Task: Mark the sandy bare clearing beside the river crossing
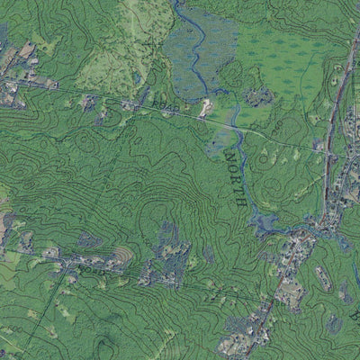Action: point(206,107)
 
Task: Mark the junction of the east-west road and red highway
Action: point(326,151)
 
